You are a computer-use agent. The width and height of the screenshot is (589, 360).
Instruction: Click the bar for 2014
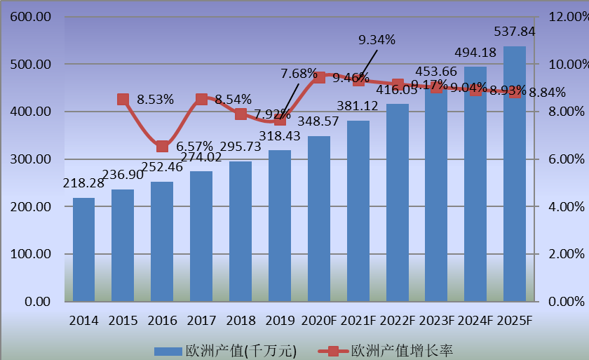pyautogui.click(x=83, y=250)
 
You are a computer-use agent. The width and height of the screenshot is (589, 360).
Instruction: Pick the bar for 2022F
pyautogui.click(x=398, y=203)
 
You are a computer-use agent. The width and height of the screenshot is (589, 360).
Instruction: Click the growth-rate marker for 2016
pyautogui.click(x=162, y=146)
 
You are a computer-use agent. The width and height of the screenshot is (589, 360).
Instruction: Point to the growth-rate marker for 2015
pyautogui.click(x=123, y=100)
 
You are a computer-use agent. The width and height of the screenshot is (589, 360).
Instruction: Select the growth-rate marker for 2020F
pyautogui.click(x=319, y=76)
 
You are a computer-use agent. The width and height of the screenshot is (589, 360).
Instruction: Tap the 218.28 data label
pyautogui.click(x=83, y=182)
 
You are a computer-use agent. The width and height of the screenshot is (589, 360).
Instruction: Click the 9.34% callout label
pyautogui.click(x=377, y=40)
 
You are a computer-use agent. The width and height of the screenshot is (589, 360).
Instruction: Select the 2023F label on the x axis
pyautogui.click(x=436, y=321)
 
